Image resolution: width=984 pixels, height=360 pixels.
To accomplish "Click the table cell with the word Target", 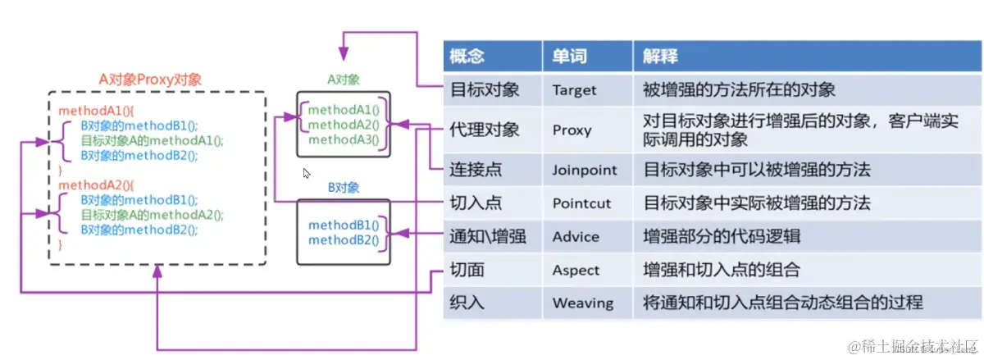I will coord(575,89).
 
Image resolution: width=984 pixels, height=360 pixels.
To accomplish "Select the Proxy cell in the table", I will coord(572,130).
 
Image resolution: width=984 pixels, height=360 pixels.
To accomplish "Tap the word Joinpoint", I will coord(585,171).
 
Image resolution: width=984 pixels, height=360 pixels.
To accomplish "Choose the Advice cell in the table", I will coord(576,237).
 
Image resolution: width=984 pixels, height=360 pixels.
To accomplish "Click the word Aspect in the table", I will coord(576,270).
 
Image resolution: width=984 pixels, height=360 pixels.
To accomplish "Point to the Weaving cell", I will coord(582,303).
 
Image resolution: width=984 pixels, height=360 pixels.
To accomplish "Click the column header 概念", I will coord(467,56).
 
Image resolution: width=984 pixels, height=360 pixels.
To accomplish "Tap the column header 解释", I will coord(660,56).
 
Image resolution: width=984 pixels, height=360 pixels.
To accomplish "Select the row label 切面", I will coord(467,270).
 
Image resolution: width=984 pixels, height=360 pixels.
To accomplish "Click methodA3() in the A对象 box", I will coord(344,139).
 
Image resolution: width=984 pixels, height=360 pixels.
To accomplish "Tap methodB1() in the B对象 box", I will coord(344,225).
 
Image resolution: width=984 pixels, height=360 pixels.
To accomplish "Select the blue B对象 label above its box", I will coord(343,188).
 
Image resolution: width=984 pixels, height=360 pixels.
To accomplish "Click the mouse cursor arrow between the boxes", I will coord(307,173).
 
